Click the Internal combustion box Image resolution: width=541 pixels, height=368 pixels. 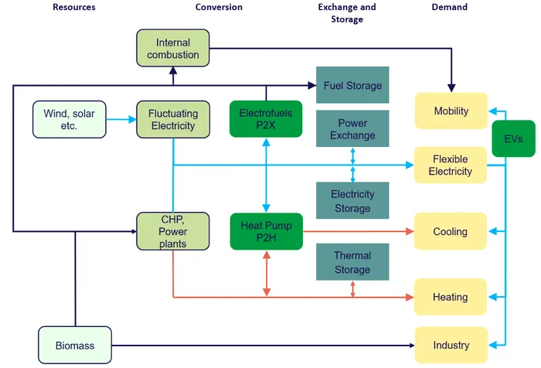173,48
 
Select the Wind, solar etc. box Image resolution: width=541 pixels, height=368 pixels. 70,119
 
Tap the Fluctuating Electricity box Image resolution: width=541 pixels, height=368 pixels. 173,119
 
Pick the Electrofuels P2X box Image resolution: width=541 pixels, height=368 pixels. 266,119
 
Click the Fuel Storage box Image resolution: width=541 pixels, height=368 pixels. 352,85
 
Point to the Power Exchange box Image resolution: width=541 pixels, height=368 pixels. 352,128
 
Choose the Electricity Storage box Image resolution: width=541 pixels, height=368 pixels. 352,200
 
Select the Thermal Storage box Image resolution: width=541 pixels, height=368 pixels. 352,261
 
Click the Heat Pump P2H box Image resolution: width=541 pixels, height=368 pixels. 267,231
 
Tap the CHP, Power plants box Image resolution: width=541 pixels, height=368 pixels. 173,231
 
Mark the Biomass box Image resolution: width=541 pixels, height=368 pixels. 75,346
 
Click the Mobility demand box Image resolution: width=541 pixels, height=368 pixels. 451,111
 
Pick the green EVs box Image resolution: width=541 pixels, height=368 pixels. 513,138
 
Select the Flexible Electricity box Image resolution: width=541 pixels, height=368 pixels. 451,165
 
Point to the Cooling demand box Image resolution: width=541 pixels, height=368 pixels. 451,231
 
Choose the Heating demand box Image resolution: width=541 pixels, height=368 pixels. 451,297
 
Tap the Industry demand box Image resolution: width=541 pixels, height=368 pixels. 451,345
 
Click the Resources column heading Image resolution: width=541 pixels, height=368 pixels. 74,7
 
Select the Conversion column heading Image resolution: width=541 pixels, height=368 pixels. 219,7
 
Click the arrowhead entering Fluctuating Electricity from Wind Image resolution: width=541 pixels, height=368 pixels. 132,119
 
